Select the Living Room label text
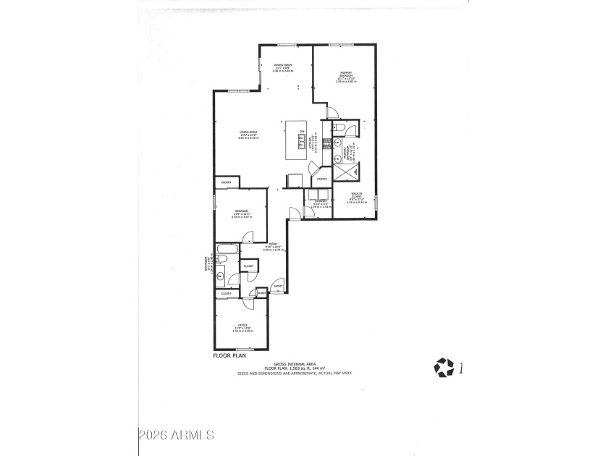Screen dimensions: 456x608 click(x=249, y=132)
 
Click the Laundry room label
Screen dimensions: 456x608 click(x=321, y=202)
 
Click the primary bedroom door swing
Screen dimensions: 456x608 click(x=332, y=112)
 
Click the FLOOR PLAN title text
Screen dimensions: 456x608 click(x=230, y=356)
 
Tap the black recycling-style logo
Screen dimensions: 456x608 click(x=443, y=368)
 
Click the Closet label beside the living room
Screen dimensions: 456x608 click(x=226, y=182)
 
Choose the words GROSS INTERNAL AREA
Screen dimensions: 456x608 click(x=295, y=363)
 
